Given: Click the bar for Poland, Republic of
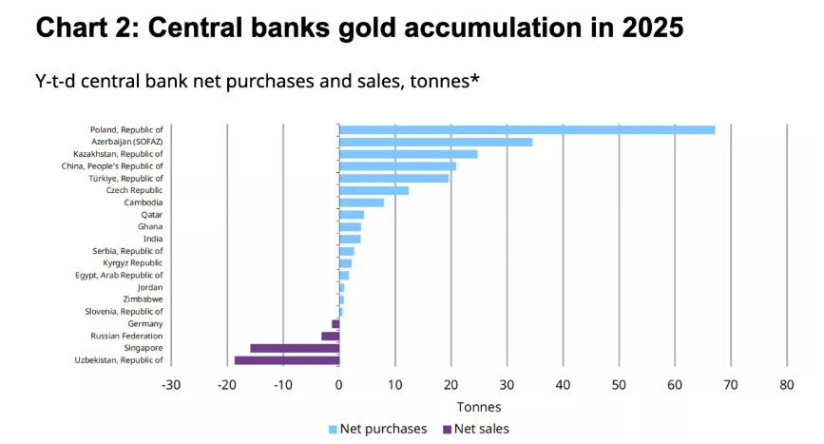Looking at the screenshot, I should point(527,129).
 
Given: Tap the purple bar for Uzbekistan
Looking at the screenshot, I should point(286,360).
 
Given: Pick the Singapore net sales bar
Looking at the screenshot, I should point(295,348).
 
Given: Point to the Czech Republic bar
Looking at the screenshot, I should point(374,190).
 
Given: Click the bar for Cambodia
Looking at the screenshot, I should point(361,203).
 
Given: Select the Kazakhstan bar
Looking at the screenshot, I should point(409,154).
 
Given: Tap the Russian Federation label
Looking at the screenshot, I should point(126,336).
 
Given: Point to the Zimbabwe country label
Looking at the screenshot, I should point(143,299).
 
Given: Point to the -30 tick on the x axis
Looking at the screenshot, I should point(171,385).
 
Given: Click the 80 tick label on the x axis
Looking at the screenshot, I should point(786,385).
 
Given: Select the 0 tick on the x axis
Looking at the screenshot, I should point(339,385).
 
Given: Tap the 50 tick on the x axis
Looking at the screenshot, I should point(619,385).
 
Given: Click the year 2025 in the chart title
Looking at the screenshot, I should point(650,28).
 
